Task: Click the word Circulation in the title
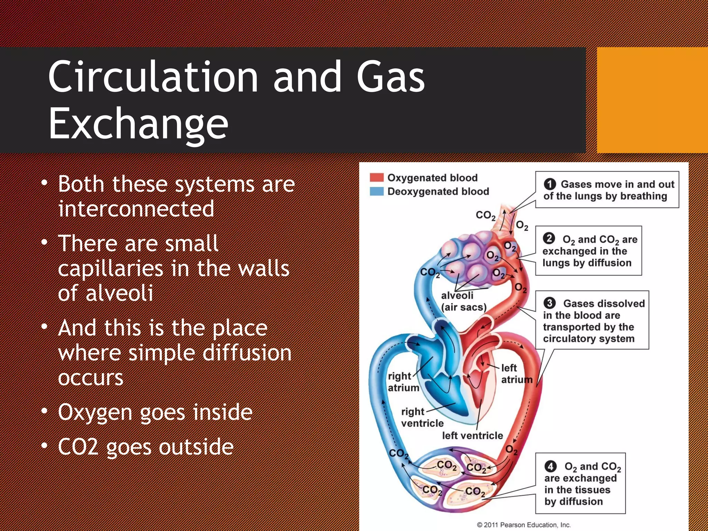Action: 153,76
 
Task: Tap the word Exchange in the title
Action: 138,124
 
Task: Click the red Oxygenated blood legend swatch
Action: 376,177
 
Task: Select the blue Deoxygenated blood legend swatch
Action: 376,191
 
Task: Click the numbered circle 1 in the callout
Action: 550,184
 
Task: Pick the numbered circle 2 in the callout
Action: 549,239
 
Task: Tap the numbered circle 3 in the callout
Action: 549,303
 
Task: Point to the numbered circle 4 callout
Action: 550,466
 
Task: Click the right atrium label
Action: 403,382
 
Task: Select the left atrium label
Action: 516,374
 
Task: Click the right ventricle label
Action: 422,417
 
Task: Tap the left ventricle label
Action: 472,436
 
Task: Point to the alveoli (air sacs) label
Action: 463,301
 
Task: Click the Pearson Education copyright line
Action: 523,525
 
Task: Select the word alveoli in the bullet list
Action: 119,293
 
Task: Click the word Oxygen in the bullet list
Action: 95,412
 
